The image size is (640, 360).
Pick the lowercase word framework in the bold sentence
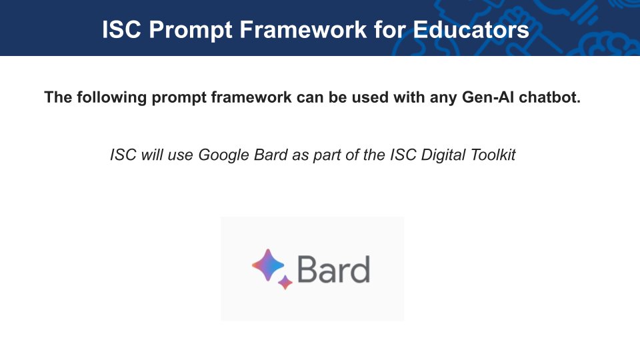tap(245, 97)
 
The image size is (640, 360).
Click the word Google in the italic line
tap(223, 155)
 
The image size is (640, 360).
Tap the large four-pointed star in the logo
tap(268, 265)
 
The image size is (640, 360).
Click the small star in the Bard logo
tap(285, 282)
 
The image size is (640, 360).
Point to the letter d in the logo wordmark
tap(359, 269)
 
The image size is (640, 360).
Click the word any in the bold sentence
tap(436, 97)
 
